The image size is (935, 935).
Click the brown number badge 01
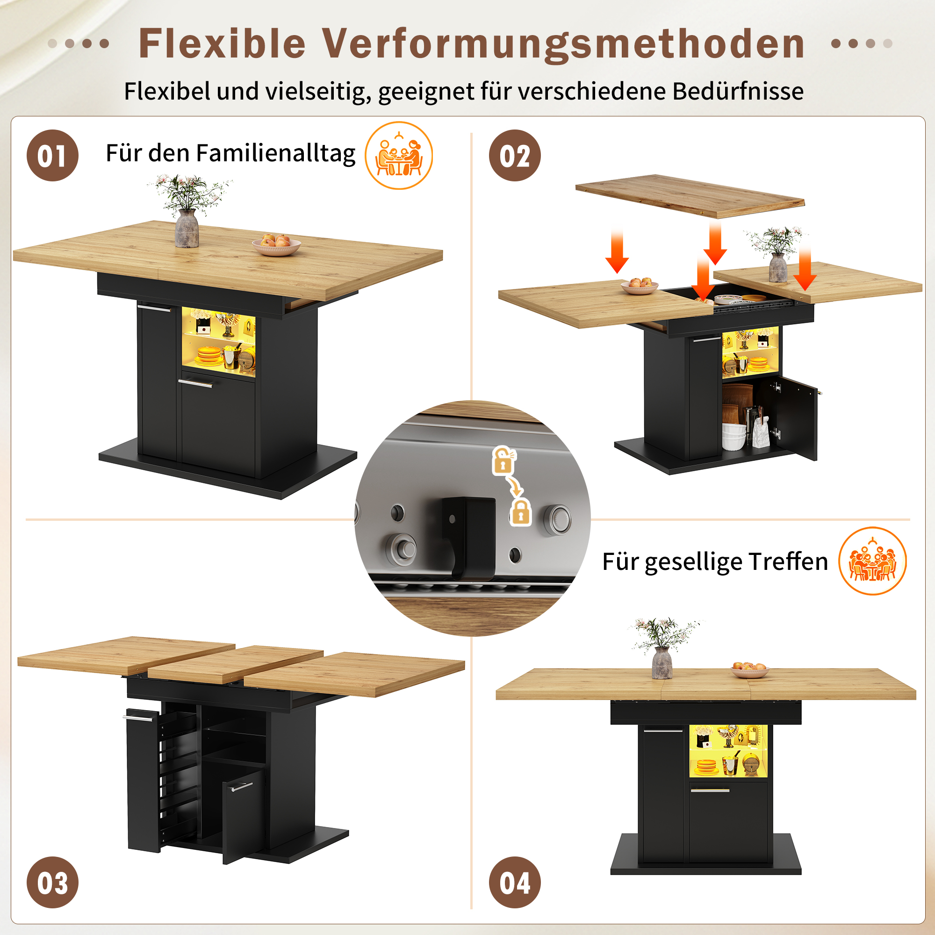52,155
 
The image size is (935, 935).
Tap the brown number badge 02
515,155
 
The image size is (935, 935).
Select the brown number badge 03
52,882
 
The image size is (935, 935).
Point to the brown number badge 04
515,882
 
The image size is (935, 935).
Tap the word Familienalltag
276,154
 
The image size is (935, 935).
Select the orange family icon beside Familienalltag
399,155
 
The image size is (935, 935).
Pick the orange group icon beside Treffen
872,561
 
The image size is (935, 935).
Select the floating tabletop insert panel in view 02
690,196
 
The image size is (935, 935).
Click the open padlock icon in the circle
504,460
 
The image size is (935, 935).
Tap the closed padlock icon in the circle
521,512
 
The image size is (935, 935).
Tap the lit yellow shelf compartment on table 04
728,751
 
